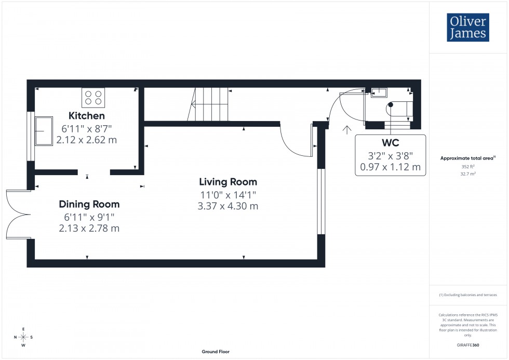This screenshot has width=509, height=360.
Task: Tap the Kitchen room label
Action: [x=87, y=116]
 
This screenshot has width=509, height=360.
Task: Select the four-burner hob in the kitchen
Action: [x=93, y=98]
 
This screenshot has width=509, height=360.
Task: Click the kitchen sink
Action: [x=43, y=131]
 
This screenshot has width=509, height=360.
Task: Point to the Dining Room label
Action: [x=89, y=204]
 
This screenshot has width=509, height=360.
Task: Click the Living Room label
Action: [x=228, y=182]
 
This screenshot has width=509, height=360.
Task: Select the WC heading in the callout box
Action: [x=390, y=142]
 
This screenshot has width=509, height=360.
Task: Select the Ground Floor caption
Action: [x=216, y=352]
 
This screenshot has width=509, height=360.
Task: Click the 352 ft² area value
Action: [x=468, y=166]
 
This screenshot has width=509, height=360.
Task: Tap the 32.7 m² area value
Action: [x=468, y=174]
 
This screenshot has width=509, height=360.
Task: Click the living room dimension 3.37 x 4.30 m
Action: [x=228, y=206]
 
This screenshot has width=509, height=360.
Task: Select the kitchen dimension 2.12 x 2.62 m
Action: [x=87, y=139]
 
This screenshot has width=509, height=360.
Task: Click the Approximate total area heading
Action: [x=467, y=158]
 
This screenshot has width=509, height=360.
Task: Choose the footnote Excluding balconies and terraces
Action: [x=468, y=295]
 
